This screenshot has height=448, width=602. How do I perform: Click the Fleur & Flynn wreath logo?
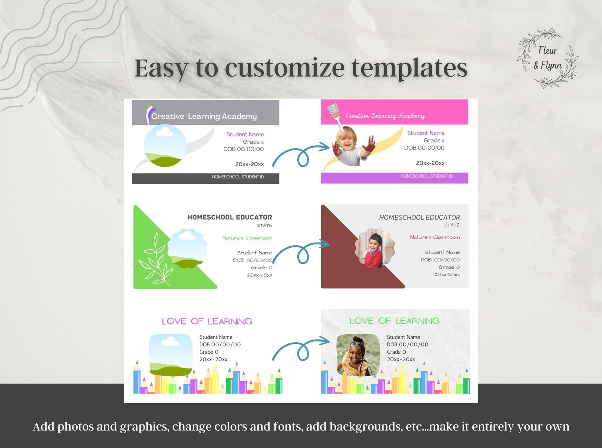[548, 58]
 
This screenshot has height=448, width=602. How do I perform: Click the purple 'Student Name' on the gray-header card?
[245, 134]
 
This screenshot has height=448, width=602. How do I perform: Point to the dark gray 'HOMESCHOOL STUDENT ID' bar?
[205, 179]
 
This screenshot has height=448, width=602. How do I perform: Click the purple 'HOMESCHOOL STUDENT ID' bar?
[394, 178]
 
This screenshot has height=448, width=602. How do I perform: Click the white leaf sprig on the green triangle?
[156, 259]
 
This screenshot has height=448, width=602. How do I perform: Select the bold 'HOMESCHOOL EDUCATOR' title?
[230, 217]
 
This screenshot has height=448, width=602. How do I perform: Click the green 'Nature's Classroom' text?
[247, 238]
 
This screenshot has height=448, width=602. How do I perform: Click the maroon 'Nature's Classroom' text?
[435, 237]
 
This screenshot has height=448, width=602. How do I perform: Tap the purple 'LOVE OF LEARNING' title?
[207, 321]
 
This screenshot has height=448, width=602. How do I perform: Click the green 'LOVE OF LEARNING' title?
[394, 321]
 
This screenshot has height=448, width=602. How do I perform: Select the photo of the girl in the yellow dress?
[359, 355]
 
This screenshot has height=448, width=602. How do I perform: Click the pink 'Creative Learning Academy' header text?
[385, 116]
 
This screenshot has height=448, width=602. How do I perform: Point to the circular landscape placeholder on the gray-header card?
[165, 146]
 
